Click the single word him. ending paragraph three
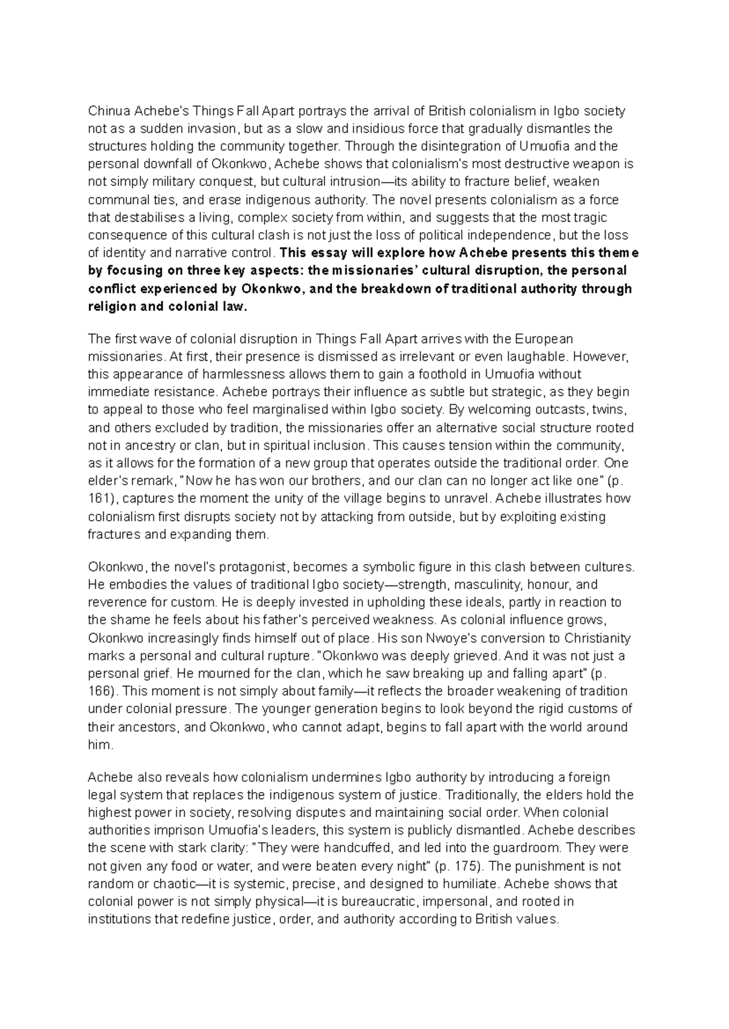pos(100,745)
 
